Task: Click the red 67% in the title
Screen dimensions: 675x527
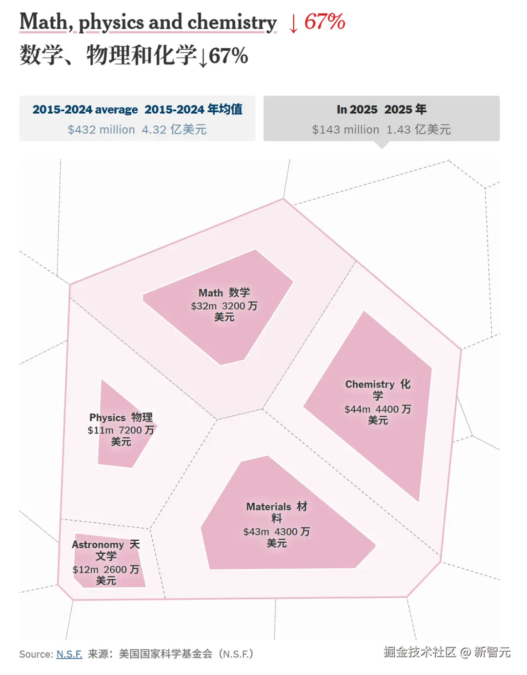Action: tap(325, 22)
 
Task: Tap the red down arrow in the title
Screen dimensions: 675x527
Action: tap(293, 23)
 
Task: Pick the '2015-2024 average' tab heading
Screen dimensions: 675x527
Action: tap(85, 109)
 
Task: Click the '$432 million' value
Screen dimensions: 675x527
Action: tap(101, 130)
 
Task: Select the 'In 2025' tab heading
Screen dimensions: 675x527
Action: tap(357, 109)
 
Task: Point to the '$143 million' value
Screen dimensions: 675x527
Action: tap(345, 130)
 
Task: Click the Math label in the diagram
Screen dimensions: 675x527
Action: tap(210, 293)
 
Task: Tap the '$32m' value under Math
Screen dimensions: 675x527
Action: tap(203, 306)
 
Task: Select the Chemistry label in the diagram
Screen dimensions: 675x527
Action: tap(370, 385)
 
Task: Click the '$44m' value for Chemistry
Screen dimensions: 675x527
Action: tap(357, 409)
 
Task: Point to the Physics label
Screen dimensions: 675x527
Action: tap(107, 418)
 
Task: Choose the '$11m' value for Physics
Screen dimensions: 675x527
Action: tap(100, 430)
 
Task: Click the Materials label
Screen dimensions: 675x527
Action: tap(268, 507)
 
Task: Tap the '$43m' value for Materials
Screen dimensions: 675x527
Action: tap(256, 532)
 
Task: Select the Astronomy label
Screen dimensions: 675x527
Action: tap(98, 545)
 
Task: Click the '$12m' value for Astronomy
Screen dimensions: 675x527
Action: tap(85, 570)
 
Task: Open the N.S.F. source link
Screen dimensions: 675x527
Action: tap(69, 654)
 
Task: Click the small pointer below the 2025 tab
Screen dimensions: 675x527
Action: tap(382, 144)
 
